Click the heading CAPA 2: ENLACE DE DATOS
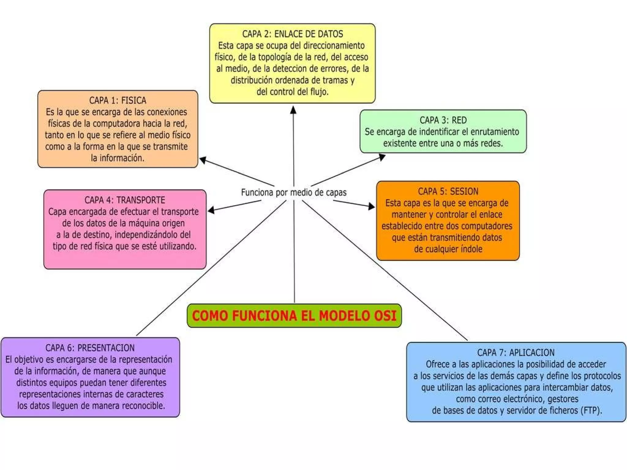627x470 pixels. [x=292, y=34]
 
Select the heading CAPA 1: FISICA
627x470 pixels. [x=118, y=100]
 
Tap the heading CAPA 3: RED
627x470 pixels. [x=443, y=120]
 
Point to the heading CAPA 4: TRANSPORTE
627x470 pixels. [x=125, y=200]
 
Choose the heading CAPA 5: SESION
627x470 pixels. [x=448, y=192]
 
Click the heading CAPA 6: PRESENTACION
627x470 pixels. [x=90, y=348]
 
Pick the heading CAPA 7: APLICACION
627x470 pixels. [x=516, y=352]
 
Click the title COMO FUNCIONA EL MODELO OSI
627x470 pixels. [x=294, y=316]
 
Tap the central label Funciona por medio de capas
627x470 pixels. [x=294, y=192]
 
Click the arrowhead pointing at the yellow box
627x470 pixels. [x=293, y=110]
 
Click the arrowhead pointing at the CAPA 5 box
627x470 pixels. [x=371, y=207]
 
